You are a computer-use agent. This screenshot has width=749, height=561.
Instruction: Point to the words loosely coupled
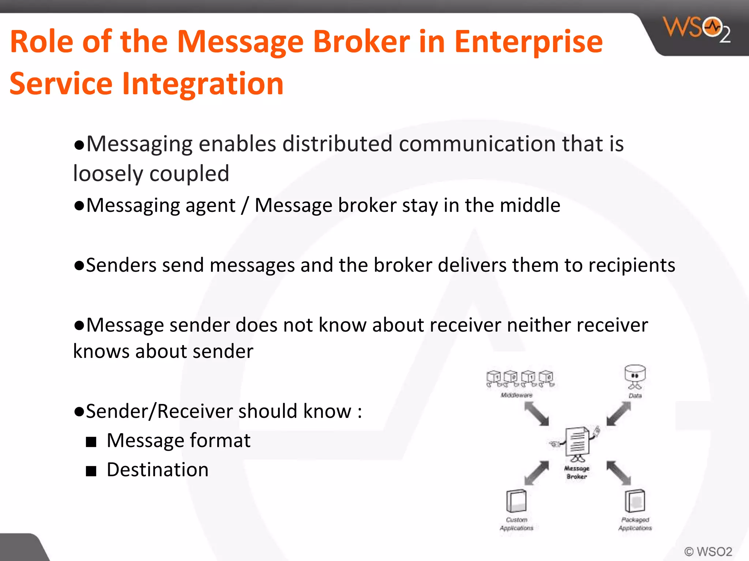(151, 173)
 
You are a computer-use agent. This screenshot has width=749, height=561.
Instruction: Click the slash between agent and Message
(245, 205)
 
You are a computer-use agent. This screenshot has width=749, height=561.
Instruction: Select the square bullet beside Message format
(91, 442)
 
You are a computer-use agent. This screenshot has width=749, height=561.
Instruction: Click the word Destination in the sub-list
(158, 470)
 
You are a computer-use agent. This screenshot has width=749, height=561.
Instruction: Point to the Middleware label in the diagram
(516, 395)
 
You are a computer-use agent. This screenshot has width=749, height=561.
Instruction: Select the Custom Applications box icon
(516, 501)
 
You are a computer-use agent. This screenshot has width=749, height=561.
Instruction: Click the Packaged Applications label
(635, 524)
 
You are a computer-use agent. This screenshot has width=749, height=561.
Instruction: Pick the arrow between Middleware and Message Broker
(537, 414)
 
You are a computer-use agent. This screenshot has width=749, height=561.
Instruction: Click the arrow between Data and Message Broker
(618, 414)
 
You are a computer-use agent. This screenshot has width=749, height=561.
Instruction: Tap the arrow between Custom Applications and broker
(537, 473)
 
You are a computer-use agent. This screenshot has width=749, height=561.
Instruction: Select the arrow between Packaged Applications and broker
(618, 473)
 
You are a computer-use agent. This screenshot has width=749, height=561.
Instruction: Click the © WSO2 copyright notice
(708, 551)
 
